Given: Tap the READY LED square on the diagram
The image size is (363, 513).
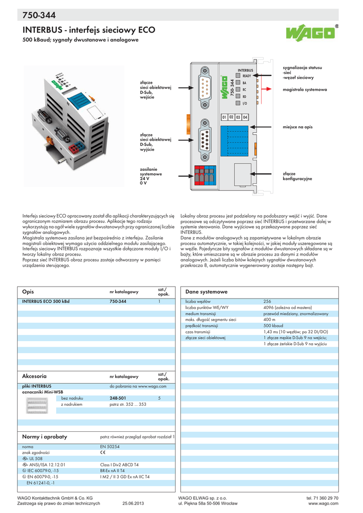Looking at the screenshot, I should (x=238, y=75).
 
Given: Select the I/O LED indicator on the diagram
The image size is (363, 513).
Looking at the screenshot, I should (x=238, y=103).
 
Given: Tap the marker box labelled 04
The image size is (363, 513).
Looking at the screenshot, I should (x=245, y=117).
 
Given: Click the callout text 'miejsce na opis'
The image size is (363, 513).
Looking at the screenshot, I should (x=297, y=127).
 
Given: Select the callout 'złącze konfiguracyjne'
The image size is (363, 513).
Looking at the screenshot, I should (x=297, y=176).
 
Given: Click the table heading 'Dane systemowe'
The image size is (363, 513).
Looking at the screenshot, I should (x=206, y=292).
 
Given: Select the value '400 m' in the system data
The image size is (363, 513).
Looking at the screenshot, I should (x=270, y=319).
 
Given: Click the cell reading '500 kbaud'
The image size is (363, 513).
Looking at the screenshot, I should (x=274, y=325).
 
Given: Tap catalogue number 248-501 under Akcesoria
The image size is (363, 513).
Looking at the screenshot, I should (x=118, y=398).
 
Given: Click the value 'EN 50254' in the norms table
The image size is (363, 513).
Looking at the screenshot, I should (x=110, y=446).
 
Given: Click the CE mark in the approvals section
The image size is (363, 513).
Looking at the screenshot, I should (x=103, y=452).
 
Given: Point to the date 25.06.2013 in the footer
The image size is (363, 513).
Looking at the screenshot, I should (x=133, y=503).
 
